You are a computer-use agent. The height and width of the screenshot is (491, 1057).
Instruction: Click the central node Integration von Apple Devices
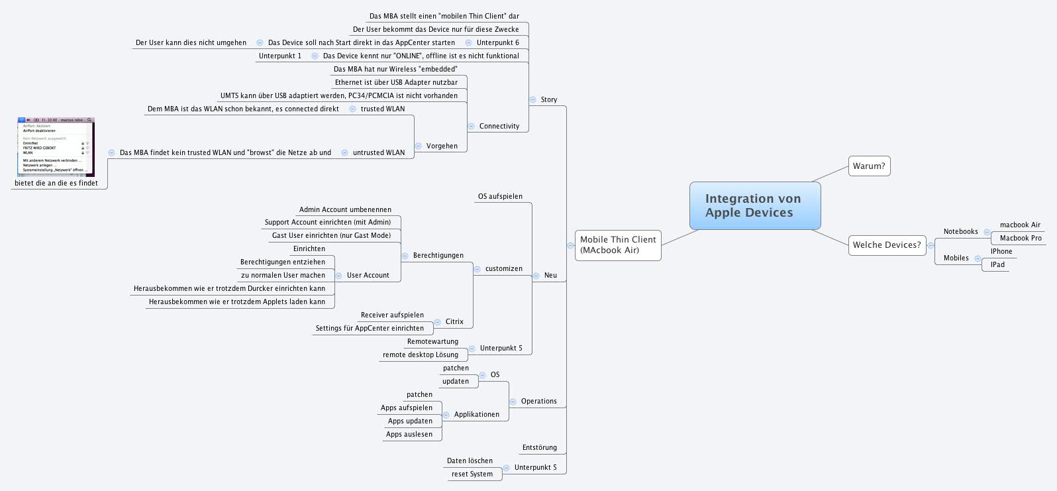click(x=754, y=205)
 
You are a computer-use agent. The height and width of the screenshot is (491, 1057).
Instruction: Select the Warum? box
click(x=869, y=166)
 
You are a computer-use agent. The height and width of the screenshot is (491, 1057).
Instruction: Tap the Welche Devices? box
click(x=887, y=245)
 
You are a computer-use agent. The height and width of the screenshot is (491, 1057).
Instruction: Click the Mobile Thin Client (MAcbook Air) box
click(x=618, y=245)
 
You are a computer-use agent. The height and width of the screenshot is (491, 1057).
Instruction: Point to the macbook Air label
click(x=1020, y=225)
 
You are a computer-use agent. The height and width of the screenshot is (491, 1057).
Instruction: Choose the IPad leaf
click(x=997, y=265)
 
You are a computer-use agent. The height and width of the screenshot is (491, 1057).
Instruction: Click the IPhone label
click(x=1001, y=252)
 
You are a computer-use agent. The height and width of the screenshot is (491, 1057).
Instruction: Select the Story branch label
click(x=549, y=100)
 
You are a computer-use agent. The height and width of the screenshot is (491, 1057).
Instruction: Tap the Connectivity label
click(x=499, y=127)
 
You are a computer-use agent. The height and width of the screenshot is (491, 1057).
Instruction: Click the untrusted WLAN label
click(x=379, y=153)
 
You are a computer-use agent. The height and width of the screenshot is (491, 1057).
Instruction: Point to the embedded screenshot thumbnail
click(x=56, y=146)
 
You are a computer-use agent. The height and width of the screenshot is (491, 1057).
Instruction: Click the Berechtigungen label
click(x=438, y=256)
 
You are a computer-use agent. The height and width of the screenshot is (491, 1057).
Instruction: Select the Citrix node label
click(x=454, y=322)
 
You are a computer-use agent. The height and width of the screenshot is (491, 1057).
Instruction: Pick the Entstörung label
click(x=540, y=448)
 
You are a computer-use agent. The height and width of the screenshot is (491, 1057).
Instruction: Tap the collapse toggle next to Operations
click(x=513, y=402)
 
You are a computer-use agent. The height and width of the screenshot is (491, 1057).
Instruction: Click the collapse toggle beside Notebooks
click(x=987, y=232)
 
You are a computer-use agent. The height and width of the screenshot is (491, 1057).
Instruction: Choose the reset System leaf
click(x=472, y=474)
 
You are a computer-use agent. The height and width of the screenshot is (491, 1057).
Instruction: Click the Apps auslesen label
click(x=409, y=435)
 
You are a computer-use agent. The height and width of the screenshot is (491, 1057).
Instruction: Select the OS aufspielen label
click(x=500, y=197)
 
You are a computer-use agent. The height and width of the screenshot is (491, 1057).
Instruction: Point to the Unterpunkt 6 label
click(x=498, y=43)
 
